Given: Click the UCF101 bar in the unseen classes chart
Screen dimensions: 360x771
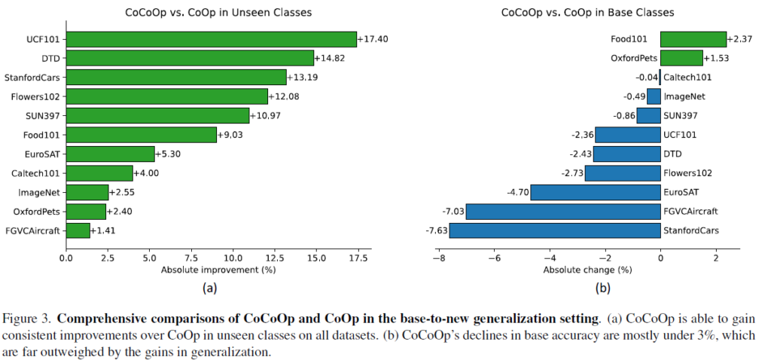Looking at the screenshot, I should pos(211,39).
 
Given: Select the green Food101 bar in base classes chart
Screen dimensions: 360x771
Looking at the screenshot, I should pos(693,39).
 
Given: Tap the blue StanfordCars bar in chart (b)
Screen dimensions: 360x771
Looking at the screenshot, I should pos(554,230).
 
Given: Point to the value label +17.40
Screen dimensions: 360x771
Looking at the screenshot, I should pos(373,39).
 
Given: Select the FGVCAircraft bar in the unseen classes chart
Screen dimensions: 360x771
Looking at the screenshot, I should pos(78,230).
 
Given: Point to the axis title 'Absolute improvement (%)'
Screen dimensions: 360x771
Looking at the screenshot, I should pos(215,270).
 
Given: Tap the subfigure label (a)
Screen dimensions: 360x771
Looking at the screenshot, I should pos(209,287).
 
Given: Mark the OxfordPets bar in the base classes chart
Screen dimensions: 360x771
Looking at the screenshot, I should pos(681,58).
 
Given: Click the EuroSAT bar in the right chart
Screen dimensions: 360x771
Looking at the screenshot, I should pos(595,191).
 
